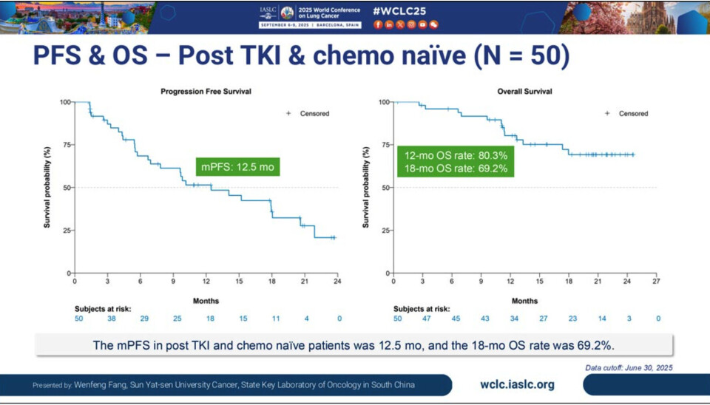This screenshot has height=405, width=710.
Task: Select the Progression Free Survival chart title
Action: tap(206, 92)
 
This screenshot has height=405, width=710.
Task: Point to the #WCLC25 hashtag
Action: tap(399, 11)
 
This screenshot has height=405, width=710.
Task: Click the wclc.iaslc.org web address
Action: tap(517, 384)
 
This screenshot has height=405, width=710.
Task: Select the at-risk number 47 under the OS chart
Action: tap(427, 319)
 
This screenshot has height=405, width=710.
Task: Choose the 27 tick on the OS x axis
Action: tap(656, 282)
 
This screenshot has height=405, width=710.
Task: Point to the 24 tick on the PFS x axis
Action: tap(337, 282)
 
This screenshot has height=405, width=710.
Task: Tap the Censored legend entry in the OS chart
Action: tap(627, 114)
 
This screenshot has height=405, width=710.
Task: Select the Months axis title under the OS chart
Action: tap(524, 301)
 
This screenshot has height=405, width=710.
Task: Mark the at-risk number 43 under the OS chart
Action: tap(484, 319)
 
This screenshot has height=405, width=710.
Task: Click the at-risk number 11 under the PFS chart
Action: tap(275, 319)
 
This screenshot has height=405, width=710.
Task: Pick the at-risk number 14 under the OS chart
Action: tap(601, 319)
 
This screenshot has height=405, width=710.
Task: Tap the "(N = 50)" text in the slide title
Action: tap(518, 57)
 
